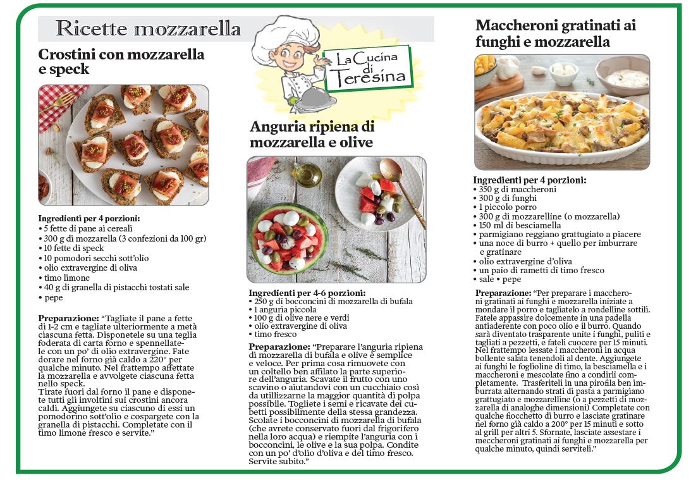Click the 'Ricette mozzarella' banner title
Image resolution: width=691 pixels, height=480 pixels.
coord(148,28)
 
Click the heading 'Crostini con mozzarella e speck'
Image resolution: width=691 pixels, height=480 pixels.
coord(121,62)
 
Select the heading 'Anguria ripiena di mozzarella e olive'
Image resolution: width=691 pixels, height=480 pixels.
coord(312,134)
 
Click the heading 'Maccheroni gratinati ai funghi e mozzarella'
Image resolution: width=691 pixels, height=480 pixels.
coord(555,34)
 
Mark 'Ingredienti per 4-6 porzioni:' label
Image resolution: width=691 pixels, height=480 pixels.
coord(307,293)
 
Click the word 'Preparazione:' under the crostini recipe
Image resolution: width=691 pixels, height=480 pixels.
coord(68,318)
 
